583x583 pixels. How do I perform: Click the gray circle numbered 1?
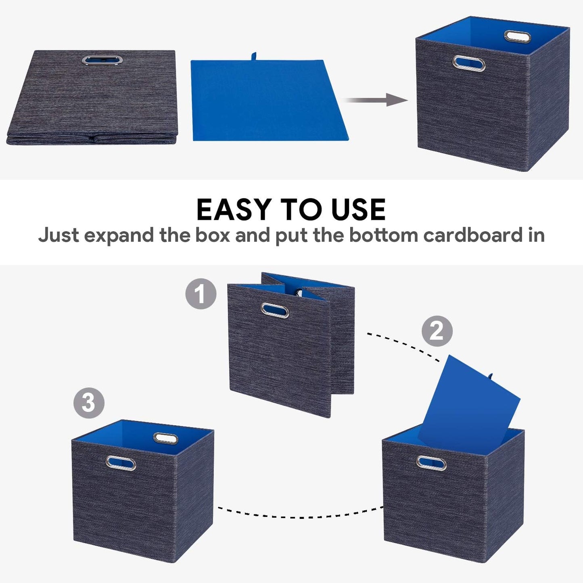point(201,294)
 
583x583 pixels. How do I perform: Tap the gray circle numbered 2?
point(437,331)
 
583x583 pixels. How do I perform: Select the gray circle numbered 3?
point(89,403)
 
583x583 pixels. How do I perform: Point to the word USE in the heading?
point(358,210)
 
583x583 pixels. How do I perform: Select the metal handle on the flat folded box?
point(102,60)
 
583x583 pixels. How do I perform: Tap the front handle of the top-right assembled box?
point(469,63)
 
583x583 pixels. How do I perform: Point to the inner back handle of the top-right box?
point(517,36)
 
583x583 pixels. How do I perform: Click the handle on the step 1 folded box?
point(275,311)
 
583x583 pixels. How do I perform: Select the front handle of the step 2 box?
point(431,463)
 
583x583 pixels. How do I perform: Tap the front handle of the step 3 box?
point(121,463)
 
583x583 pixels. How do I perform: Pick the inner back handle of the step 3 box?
point(165,438)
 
